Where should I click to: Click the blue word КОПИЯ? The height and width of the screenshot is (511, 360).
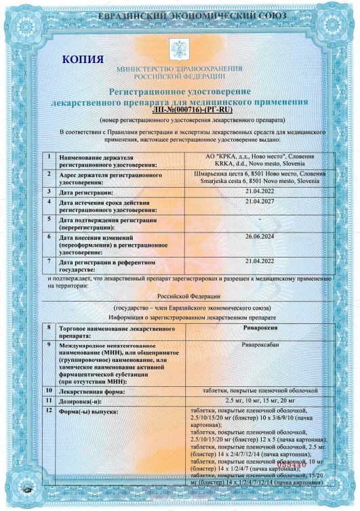(82, 60)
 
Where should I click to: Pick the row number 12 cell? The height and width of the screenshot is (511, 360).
(49, 411)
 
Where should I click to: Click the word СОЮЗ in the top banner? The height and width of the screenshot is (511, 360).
(266, 15)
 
